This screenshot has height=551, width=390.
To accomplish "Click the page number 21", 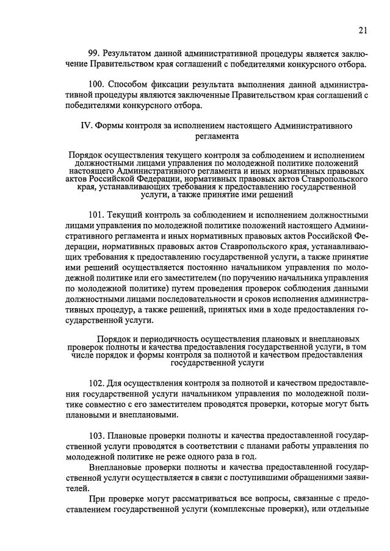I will (363, 30).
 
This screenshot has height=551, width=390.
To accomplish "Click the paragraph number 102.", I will (97, 383).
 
